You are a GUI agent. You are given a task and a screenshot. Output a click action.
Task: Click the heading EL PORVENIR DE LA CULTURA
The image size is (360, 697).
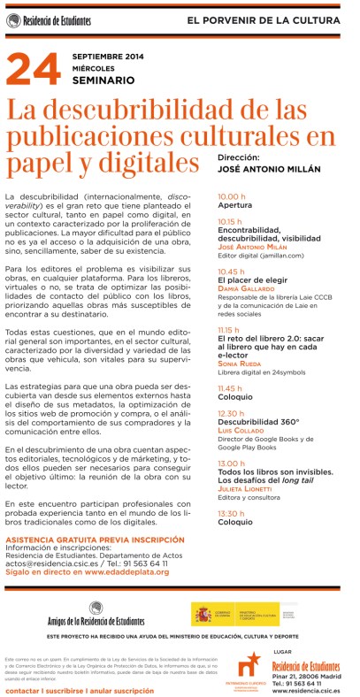(275, 19)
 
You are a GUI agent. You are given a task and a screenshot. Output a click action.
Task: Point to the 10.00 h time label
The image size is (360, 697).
(232, 196)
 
